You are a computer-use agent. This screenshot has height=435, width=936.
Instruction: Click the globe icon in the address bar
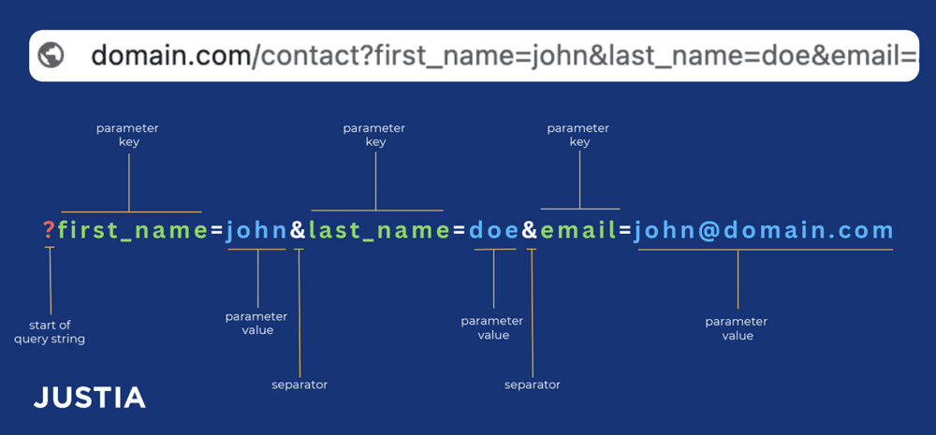51,56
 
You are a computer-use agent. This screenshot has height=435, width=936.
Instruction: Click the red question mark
49,230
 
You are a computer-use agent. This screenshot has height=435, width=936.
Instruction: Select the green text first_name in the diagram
132,230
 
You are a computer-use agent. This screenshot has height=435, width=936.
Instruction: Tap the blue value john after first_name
256,230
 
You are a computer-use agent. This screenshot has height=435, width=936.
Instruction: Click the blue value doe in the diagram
493,230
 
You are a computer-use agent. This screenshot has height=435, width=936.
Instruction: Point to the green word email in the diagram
578,230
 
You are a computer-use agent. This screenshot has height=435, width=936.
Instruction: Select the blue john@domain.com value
763,230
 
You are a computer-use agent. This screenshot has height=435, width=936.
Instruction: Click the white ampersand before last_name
297,230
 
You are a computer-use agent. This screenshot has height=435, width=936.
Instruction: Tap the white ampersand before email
530,230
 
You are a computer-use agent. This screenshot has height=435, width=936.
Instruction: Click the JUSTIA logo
90,398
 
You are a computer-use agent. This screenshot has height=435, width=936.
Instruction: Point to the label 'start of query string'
50,332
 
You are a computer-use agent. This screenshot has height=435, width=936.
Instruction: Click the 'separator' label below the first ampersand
300,384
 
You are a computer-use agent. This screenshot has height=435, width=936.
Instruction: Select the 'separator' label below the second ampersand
532,384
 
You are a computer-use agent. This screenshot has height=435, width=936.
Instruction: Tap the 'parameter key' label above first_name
127,135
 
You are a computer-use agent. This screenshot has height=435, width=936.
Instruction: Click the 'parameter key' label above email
578,135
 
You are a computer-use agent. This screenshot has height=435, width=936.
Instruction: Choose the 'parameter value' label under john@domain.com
737,328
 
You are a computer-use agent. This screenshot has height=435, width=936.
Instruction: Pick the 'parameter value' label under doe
492,328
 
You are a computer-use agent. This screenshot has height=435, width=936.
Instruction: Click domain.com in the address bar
170,56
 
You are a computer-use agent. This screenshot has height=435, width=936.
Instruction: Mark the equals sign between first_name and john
215,230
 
